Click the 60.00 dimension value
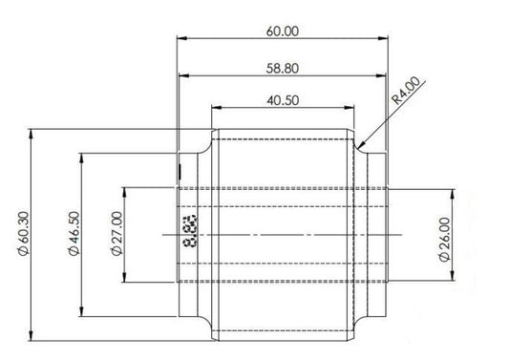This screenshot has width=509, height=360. pos(284,31)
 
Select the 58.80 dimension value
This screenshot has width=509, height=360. pos(284,68)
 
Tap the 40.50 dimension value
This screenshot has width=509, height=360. pos(284,99)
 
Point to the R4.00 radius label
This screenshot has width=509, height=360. pos(406,95)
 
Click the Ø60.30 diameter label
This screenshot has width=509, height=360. pos(23,235)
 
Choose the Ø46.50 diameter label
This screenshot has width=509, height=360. pos(74,235)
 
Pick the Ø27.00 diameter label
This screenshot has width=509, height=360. pos(116,235)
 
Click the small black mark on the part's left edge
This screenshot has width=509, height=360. pos(179,172)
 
